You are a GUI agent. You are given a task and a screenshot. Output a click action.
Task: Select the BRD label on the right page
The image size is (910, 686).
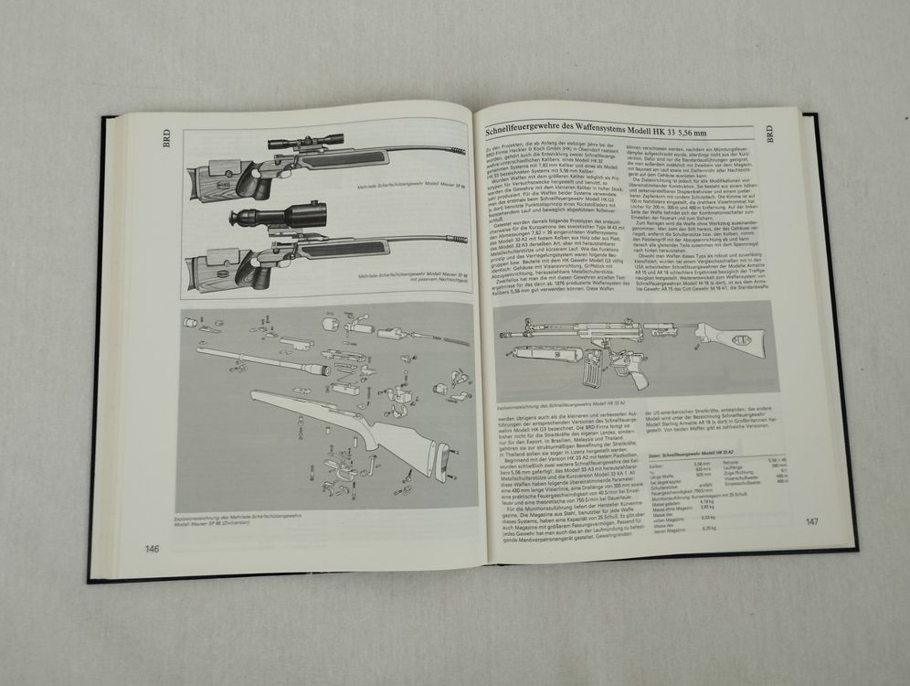tap(768, 134)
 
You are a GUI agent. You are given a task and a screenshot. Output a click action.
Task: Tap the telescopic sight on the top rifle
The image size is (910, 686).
tap(306, 141)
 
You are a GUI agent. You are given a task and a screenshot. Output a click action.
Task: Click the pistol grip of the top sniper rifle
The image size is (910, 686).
tap(271, 182)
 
